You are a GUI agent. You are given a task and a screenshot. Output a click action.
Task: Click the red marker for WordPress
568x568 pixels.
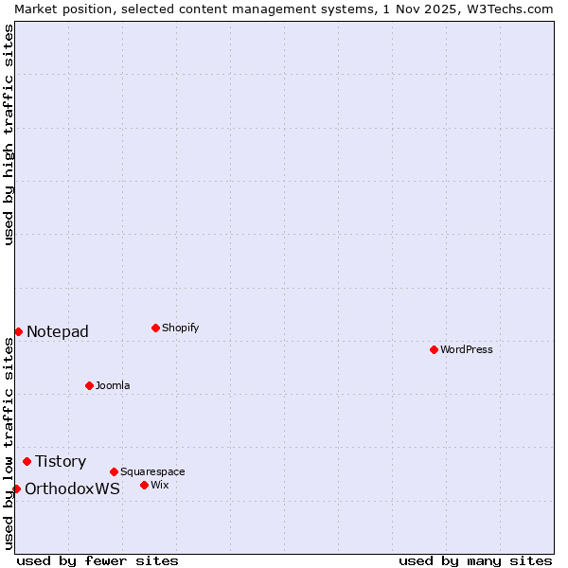point(434,349)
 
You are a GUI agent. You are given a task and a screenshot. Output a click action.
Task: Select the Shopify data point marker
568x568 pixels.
point(155,328)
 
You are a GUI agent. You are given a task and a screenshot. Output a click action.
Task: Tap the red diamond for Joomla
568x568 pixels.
point(89,385)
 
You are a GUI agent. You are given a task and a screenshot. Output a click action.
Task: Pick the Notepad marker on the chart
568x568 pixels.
point(18,331)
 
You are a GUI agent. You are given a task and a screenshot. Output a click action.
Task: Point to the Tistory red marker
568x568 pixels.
point(27,461)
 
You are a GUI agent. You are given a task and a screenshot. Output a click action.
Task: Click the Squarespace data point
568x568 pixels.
point(114,471)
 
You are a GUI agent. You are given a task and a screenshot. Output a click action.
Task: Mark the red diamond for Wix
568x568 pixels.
point(144,485)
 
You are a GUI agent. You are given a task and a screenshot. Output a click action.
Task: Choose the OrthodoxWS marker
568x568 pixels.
point(16,488)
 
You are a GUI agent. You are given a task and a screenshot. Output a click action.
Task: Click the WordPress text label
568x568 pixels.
point(467,349)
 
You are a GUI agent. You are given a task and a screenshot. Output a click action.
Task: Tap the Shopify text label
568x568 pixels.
point(181,328)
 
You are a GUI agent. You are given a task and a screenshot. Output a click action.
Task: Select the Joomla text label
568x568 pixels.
point(113,385)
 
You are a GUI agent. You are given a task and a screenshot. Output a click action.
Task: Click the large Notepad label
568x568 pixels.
point(58,331)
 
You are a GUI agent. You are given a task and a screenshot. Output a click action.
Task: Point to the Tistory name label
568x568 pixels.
point(61,461)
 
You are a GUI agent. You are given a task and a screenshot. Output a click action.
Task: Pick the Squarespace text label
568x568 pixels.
point(152,471)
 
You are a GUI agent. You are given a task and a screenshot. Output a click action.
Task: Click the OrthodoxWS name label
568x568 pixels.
point(72,488)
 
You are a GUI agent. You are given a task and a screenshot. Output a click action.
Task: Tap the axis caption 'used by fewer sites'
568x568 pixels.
point(98,560)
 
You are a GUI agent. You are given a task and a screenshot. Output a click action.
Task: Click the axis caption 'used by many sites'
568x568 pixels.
point(475,560)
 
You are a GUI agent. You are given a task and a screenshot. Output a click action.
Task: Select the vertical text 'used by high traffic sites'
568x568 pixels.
point(9,134)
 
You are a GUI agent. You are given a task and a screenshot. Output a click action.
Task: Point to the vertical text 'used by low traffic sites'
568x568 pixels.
point(9,442)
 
